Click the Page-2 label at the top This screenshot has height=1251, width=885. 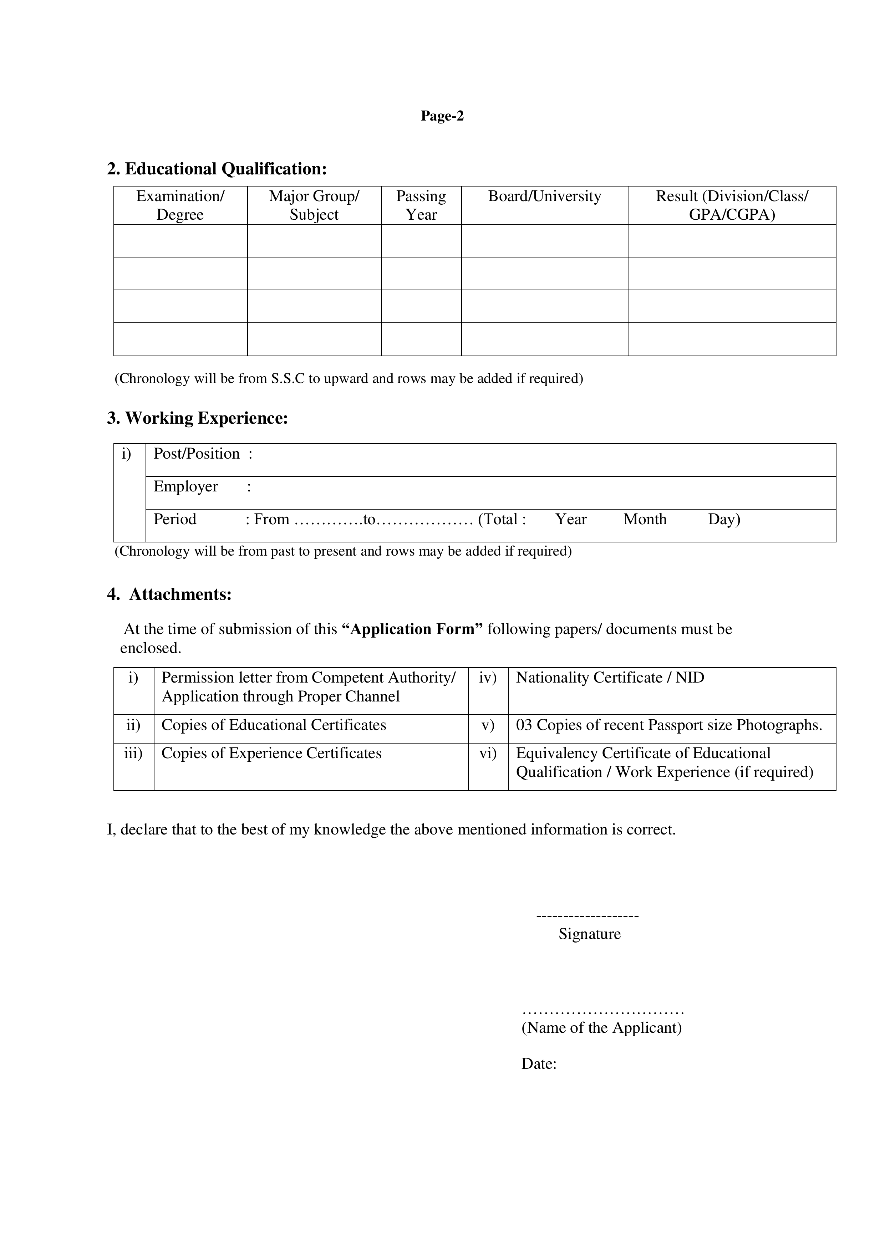(x=442, y=116)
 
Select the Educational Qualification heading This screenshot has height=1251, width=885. (x=217, y=169)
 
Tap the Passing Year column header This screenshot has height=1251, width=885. (x=421, y=205)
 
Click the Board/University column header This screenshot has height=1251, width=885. (x=544, y=196)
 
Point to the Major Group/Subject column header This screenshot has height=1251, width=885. (x=314, y=205)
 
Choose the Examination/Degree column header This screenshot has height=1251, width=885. (x=180, y=205)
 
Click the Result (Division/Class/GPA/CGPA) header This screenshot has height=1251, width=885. (x=732, y=205)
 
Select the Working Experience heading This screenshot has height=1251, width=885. (x=197, y=418)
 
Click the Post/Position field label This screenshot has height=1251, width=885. (x=197, y=454)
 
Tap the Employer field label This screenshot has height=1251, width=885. (x=186, y=486)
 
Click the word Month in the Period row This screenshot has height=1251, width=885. (x=645, y=519)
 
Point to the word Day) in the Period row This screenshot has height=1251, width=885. (x=724, y=519)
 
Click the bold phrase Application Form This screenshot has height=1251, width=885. (x=412, y=629)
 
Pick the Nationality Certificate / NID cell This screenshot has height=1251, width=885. (x=610, y=678)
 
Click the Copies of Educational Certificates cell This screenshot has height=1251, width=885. (x=274, y=725)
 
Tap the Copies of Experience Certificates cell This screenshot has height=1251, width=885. (x=271, y=754)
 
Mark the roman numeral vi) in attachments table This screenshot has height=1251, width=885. (x=488, y=754)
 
